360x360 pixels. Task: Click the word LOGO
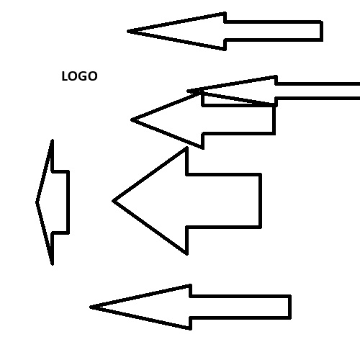pyautogui.click(x=79, y=76)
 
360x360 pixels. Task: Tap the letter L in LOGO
pyautogui.click(x=66, y=76)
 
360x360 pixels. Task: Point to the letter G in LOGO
pyautogui.click(x=84, y=76)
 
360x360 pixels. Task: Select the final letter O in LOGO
pyautogui.click(x=93, y=76)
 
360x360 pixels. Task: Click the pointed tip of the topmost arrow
pyautogui.click(x=128, y=31)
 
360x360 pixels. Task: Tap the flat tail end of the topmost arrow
pyautogui.click(x=321, y=31)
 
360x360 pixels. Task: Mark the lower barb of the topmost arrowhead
pyautogui.click(x=225, y=49)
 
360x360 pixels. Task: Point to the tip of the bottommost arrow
pyautogui.click(x=91, y=307)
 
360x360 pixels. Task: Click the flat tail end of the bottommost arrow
pyautogui.click(x=289, y=307)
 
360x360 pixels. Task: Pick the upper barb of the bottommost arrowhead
pyautogui.click(x=190, y=286)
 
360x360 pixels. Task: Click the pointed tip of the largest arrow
pyautogui.click(x=113, y=201)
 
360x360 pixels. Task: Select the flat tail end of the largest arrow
pyautogui.click(x=260, y=201)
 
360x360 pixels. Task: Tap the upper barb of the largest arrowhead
pyautogui.click(x=186, y=148)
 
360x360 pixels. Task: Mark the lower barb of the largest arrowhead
pyautogui.click(x=186, y=253)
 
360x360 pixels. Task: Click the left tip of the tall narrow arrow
pyautogui.click(x=37, y=202)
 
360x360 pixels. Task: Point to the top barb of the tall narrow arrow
pyautogui.click(x=53, y=140)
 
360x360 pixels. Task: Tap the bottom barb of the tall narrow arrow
pyautogui.click(x=53, y=264)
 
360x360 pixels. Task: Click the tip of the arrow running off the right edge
pyautogui.click(x=188, y=91)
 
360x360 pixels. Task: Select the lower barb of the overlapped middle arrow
pyautogui.click(x=203, y=148)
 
